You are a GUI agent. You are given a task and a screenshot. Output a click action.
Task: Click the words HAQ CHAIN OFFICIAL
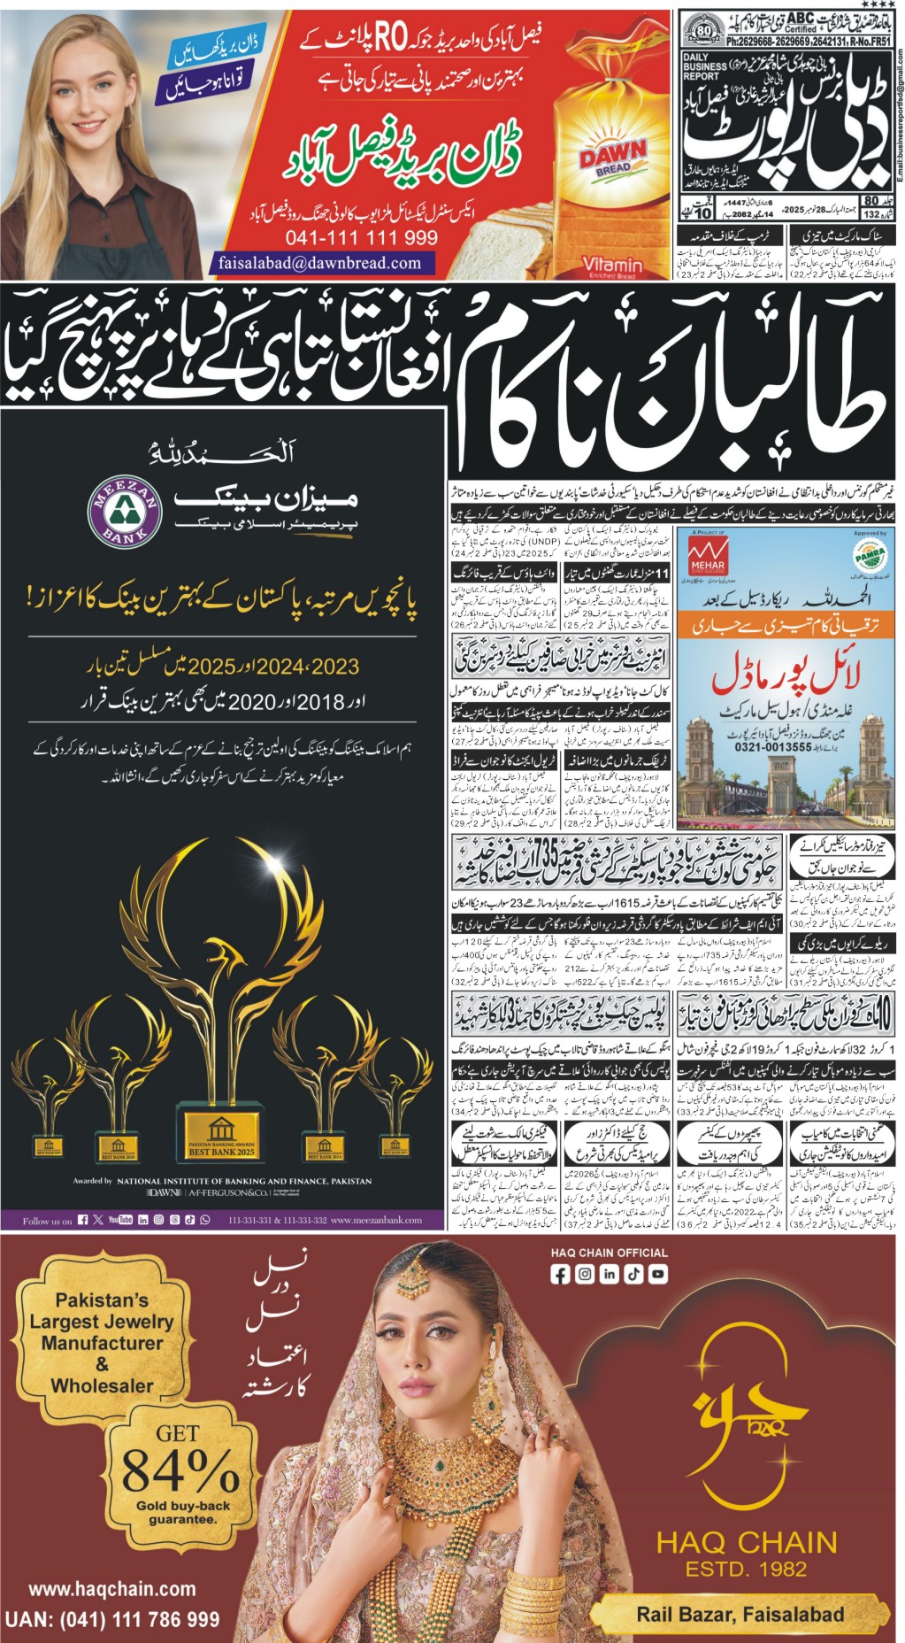click(610, 1253)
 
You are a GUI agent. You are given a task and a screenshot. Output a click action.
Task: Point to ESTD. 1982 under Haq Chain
click(746, 1570)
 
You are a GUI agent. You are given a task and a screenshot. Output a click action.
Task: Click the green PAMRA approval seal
click(870, 556)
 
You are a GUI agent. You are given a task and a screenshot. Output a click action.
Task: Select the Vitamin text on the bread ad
click(612, 264)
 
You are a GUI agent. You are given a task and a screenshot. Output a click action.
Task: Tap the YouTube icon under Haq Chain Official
click(657, 1275)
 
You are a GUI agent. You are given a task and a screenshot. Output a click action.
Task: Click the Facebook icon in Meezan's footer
click(83, 1221)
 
